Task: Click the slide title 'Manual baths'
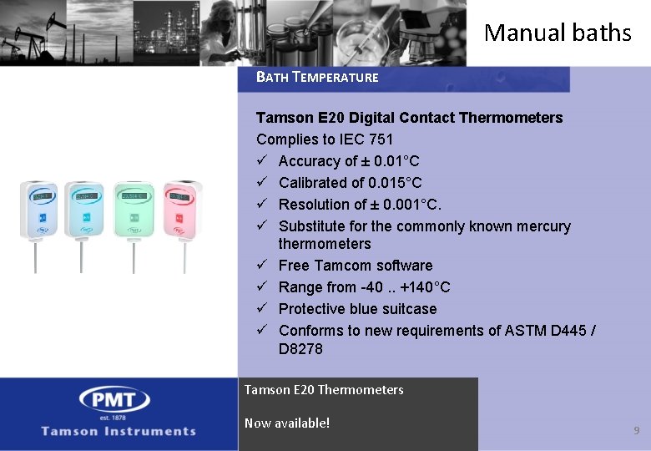[557, 33]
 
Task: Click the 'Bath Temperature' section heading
[317, 77]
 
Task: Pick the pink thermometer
[181, 213]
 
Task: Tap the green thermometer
[134, 213]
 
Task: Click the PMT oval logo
[114, 400]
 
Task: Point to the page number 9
[636, 431]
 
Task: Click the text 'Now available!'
[287, 423]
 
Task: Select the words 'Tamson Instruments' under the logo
[119, 431]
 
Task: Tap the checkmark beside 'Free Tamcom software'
[262, 266]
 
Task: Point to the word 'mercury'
[542, 225]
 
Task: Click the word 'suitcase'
[410, 309]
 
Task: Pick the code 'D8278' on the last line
[300, 348]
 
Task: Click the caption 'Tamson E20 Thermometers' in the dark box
[324, 390]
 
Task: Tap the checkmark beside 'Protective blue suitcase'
[262, 309]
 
